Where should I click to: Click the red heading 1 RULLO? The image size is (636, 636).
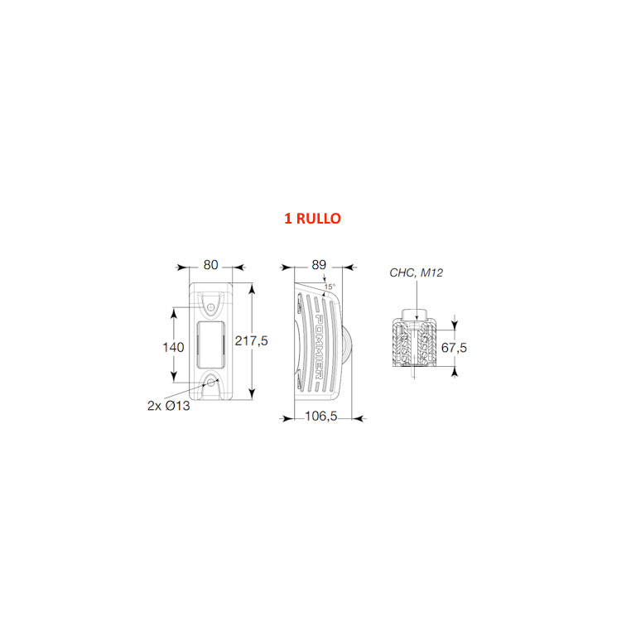pyautogui.click(x=312, y=219)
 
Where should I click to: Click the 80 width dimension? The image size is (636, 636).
pyautogui.click(x=211, y=265)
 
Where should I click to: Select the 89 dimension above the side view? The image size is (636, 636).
pyautogui.click(x=319, y=265)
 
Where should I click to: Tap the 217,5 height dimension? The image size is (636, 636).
pyautogui.click(x=252, y=341)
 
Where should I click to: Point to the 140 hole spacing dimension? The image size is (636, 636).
pyautogui.click(x=173, y=347)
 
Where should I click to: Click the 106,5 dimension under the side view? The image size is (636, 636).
pyautogui.click(x=320, y=417)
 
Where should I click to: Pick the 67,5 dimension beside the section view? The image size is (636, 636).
pyautogui.click(x=454, y=348)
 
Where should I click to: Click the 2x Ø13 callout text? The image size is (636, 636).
pyautogui.click(x=169, y=406)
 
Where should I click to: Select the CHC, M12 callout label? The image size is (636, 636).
pyautogui.click(x=417, y=273)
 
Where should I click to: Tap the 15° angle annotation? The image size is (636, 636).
pyautogui.click(x=330, y=287)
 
